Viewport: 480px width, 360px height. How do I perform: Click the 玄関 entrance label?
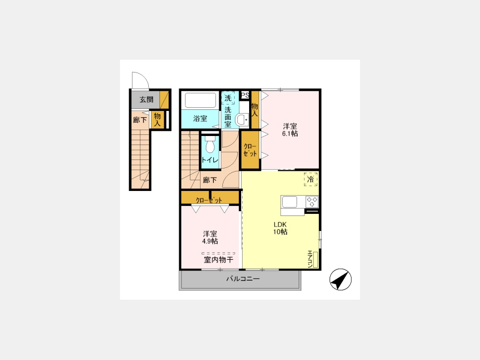pyautogui.click(x=146, y=100)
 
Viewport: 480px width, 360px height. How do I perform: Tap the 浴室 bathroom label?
pyautogui.click(x=200, y=118)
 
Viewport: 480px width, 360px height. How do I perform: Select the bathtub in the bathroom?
pyautogui.click(x=200, y=100)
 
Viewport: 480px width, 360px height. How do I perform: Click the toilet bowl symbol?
pyautogui.click(x=210, y=145)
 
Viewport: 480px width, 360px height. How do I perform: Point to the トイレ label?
pyautogui.click(x=210, y=160)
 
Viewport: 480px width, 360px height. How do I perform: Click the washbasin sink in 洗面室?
pyautogui.click(x=243, y=120)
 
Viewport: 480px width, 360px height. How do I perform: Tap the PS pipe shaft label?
pyautogui.click(x=245, y=95)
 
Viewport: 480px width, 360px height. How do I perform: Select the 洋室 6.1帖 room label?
pyautogui.click(x=290, y=130)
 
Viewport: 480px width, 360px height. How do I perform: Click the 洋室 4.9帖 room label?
pyautogui.click(x=210, y=237)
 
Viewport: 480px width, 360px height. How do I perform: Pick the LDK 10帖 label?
pyautogui.click(x=280, y=228)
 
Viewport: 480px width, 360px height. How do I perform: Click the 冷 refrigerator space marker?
pyautogui.click(x=310, y=179)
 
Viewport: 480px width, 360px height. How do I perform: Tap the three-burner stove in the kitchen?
pyautogui.click(x=312, y=202)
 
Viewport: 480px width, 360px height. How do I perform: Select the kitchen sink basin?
pyautogui.click(x=289, y=202)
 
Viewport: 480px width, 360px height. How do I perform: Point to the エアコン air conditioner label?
pyautogui.click(x=310, y=259)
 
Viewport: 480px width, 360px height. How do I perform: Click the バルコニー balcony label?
pyautogui.click(x=243, y=279)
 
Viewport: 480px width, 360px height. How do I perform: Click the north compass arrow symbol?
pyautogui.click(x=340, y=279)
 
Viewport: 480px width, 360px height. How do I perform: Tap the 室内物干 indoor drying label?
pyautogui.click(x=219, y=260)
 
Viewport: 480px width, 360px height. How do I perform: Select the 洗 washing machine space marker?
pyautogui.click(x=228, y=98)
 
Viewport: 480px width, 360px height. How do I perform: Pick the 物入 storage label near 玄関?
pyautogui.click(x=157, y=119)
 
